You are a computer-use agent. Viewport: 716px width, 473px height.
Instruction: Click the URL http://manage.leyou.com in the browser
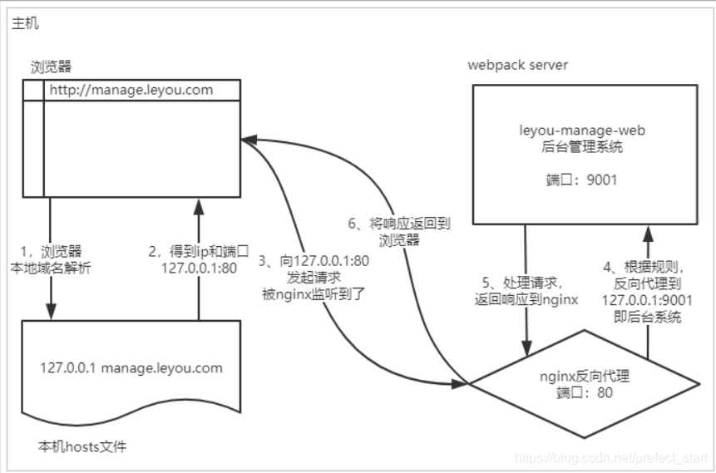pos(131,90)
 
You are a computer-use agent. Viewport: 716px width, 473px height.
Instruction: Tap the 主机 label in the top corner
pos(25,23)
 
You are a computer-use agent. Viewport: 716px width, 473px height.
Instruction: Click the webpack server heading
pos(518,65)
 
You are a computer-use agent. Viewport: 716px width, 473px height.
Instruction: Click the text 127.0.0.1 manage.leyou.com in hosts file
pos(132,367)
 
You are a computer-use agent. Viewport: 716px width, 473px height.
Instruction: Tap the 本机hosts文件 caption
pos(82,446)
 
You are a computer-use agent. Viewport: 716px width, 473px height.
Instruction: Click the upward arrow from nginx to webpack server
pos(647,249)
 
